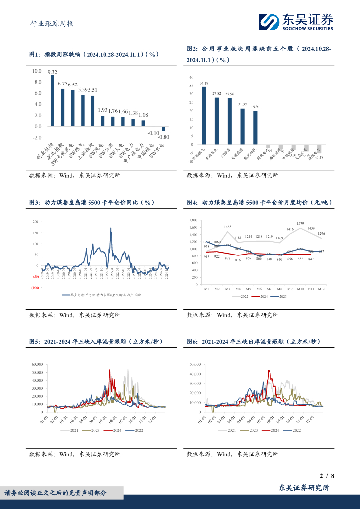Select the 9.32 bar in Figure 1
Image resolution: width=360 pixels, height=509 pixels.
point(53,100)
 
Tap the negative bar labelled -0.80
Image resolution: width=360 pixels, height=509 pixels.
point(163,129)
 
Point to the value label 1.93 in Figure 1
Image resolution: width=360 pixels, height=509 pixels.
point(102,110)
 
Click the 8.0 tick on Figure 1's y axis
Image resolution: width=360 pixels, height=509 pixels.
point(37,82)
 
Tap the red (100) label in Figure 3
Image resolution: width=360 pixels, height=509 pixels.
point(35,288)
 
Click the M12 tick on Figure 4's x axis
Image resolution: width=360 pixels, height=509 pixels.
point(321,289)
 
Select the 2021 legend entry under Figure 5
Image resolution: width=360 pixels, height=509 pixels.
point(74,430)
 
